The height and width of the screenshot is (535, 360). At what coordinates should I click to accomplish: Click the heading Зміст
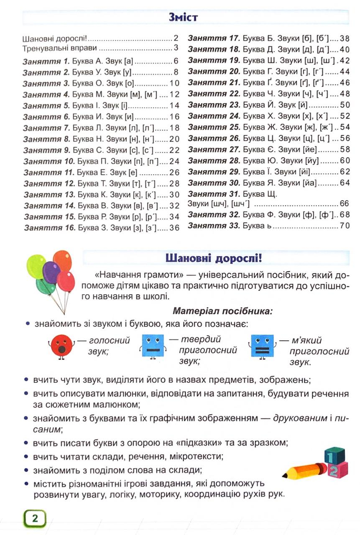tap(183, 17)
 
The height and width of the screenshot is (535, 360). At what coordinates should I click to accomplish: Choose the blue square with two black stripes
tap(263, 346)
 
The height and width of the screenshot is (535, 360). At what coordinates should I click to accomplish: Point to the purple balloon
tap(51, 272)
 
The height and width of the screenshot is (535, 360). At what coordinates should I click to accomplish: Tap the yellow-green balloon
tap(36, 266)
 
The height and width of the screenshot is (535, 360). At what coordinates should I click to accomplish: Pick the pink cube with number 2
tap(337, 471)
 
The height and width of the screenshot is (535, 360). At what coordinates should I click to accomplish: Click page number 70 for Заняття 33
tap(344, 226)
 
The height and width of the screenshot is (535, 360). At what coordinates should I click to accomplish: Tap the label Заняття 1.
tap(46, 61)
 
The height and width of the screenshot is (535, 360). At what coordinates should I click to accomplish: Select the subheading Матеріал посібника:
tap(222, 311)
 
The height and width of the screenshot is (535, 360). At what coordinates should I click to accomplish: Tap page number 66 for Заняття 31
tap(344, 204)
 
